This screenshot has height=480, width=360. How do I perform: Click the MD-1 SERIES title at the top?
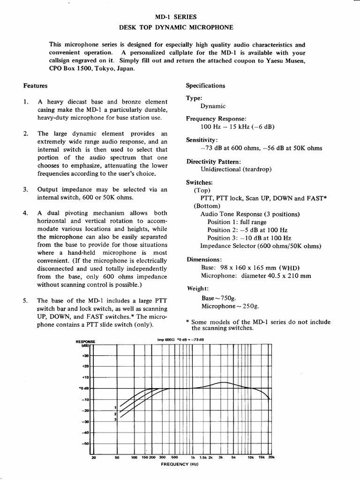180,17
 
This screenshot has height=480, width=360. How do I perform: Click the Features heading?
35,86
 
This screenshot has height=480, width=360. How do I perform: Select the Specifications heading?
205,86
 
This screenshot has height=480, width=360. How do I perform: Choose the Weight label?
197,289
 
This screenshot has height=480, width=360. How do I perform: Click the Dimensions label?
204,259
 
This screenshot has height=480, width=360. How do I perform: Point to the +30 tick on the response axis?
85,356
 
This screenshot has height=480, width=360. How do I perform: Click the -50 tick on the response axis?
85,443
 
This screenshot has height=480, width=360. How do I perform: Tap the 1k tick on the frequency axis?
192,457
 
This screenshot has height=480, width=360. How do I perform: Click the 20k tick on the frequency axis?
271,457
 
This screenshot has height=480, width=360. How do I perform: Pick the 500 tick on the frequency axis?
174,457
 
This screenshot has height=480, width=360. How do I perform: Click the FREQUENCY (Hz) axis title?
180,464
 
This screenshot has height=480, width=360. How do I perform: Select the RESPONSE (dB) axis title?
85,344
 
